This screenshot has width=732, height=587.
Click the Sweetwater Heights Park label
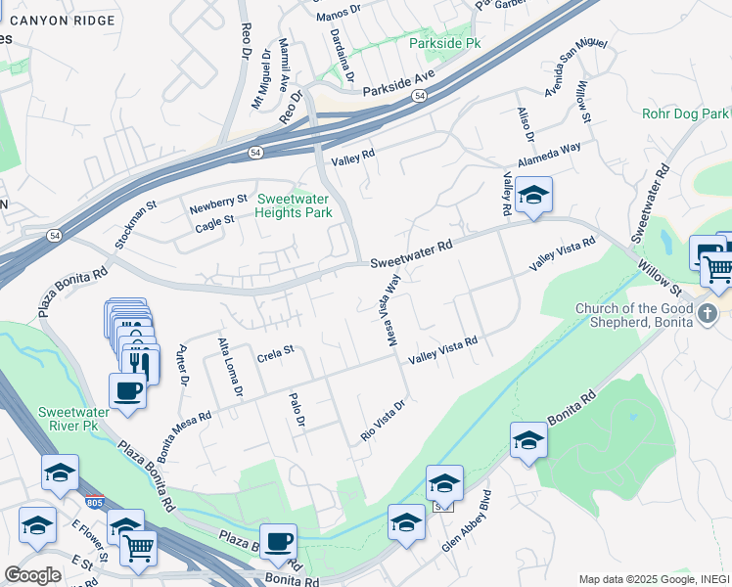(294, 204)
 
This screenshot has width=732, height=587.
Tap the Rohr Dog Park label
(686, 114)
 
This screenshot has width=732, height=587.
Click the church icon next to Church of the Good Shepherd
(710, 312)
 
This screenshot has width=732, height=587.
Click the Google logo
(32, 575)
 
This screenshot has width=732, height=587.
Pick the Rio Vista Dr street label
(383, 420)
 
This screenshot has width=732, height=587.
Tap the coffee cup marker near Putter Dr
(126, 392)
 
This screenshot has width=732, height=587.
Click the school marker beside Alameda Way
(534, 196)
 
